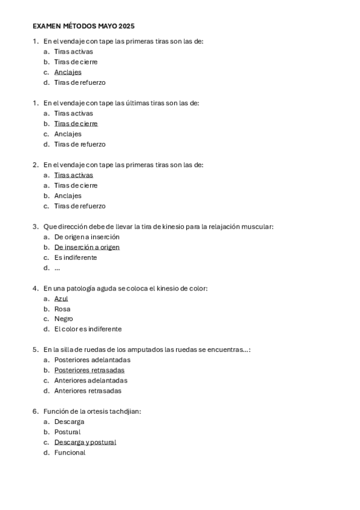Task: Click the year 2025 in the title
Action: pos(126,26)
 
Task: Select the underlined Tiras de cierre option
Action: pos(76,123)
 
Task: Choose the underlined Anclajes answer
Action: pos(68,72)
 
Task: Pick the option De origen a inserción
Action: pos(87,237)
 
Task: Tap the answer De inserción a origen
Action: pos(87,247)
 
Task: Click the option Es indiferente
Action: pos(75,257)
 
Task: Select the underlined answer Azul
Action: pos(61,298)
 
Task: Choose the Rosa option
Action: pos(62,309)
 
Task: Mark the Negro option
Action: pos(63,319)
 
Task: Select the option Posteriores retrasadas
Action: pos(89,370)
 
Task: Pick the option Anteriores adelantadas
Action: pos(90,380)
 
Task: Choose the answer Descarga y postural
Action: pos(85,442)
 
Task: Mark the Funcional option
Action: pos(70,452)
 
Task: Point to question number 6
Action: pos(35,411)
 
